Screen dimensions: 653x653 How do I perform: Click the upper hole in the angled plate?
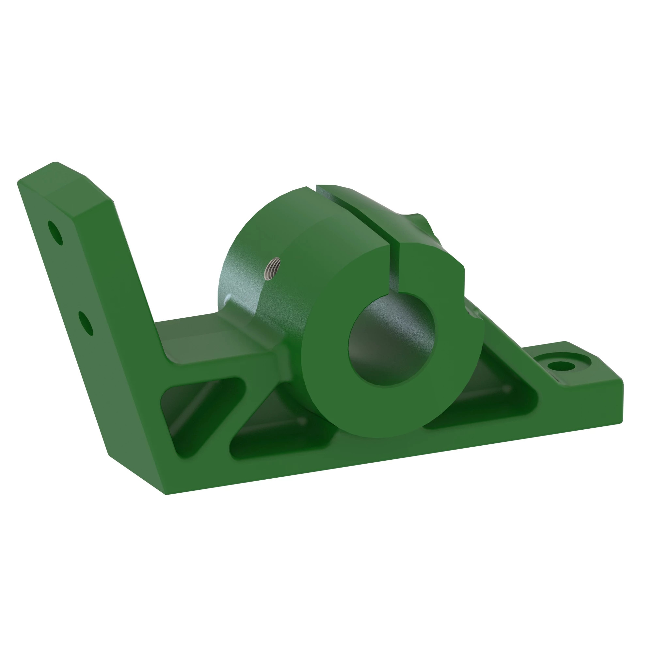click(56, 233)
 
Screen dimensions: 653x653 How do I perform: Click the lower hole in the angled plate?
click(86, 323)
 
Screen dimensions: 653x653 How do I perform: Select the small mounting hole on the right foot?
click(561, 366)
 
